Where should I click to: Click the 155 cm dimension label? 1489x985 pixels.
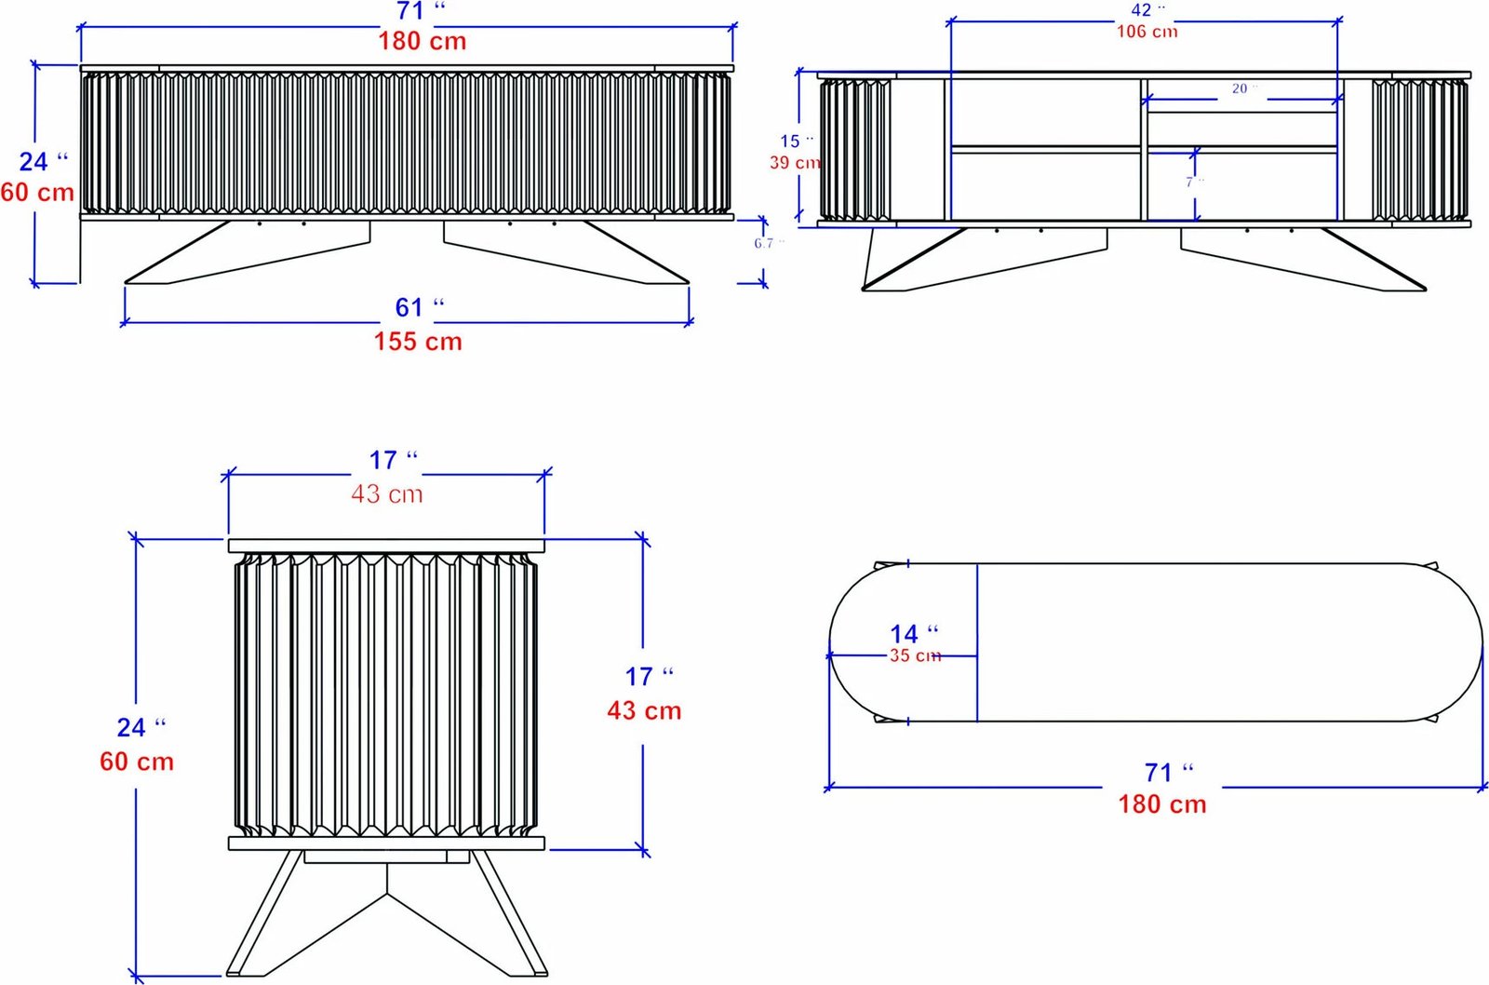418,342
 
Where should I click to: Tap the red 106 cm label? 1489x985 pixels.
1147,32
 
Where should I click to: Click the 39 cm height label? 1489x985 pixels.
794,163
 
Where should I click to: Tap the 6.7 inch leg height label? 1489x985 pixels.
768,244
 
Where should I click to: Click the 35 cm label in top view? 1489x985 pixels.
915,655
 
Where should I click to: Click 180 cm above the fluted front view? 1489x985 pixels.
422,41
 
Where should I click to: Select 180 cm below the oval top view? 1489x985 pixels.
1161,804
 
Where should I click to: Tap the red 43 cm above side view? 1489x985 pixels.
386,494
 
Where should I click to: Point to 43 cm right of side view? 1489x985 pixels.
644,711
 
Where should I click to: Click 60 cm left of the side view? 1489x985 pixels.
137,762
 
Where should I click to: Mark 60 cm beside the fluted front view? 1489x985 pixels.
37,193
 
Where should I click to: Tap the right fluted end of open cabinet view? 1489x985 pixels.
1419,149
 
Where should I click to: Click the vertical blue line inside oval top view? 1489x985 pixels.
977,642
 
